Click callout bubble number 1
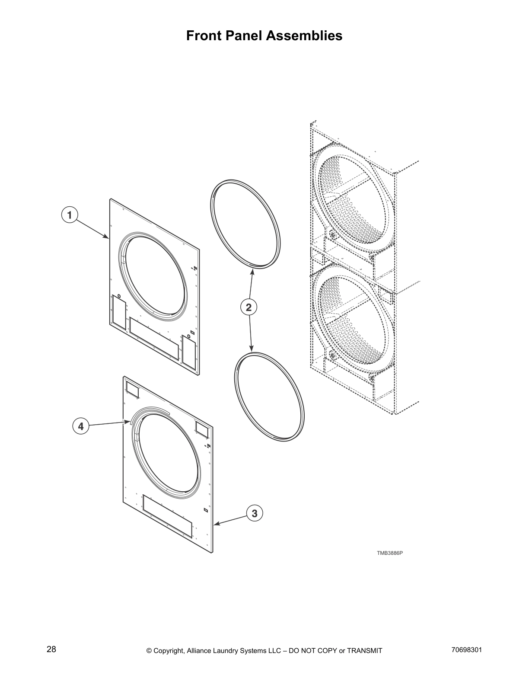pos(69,214)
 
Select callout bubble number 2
pos(249,307)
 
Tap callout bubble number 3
pos(255,513)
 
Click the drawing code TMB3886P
pos(389,553)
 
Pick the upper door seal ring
pos(245,225)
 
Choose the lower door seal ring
pos(269,397)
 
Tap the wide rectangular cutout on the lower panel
pos(167,516)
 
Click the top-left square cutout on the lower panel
pos(132,391)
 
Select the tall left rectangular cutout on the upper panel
pos(119,311)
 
